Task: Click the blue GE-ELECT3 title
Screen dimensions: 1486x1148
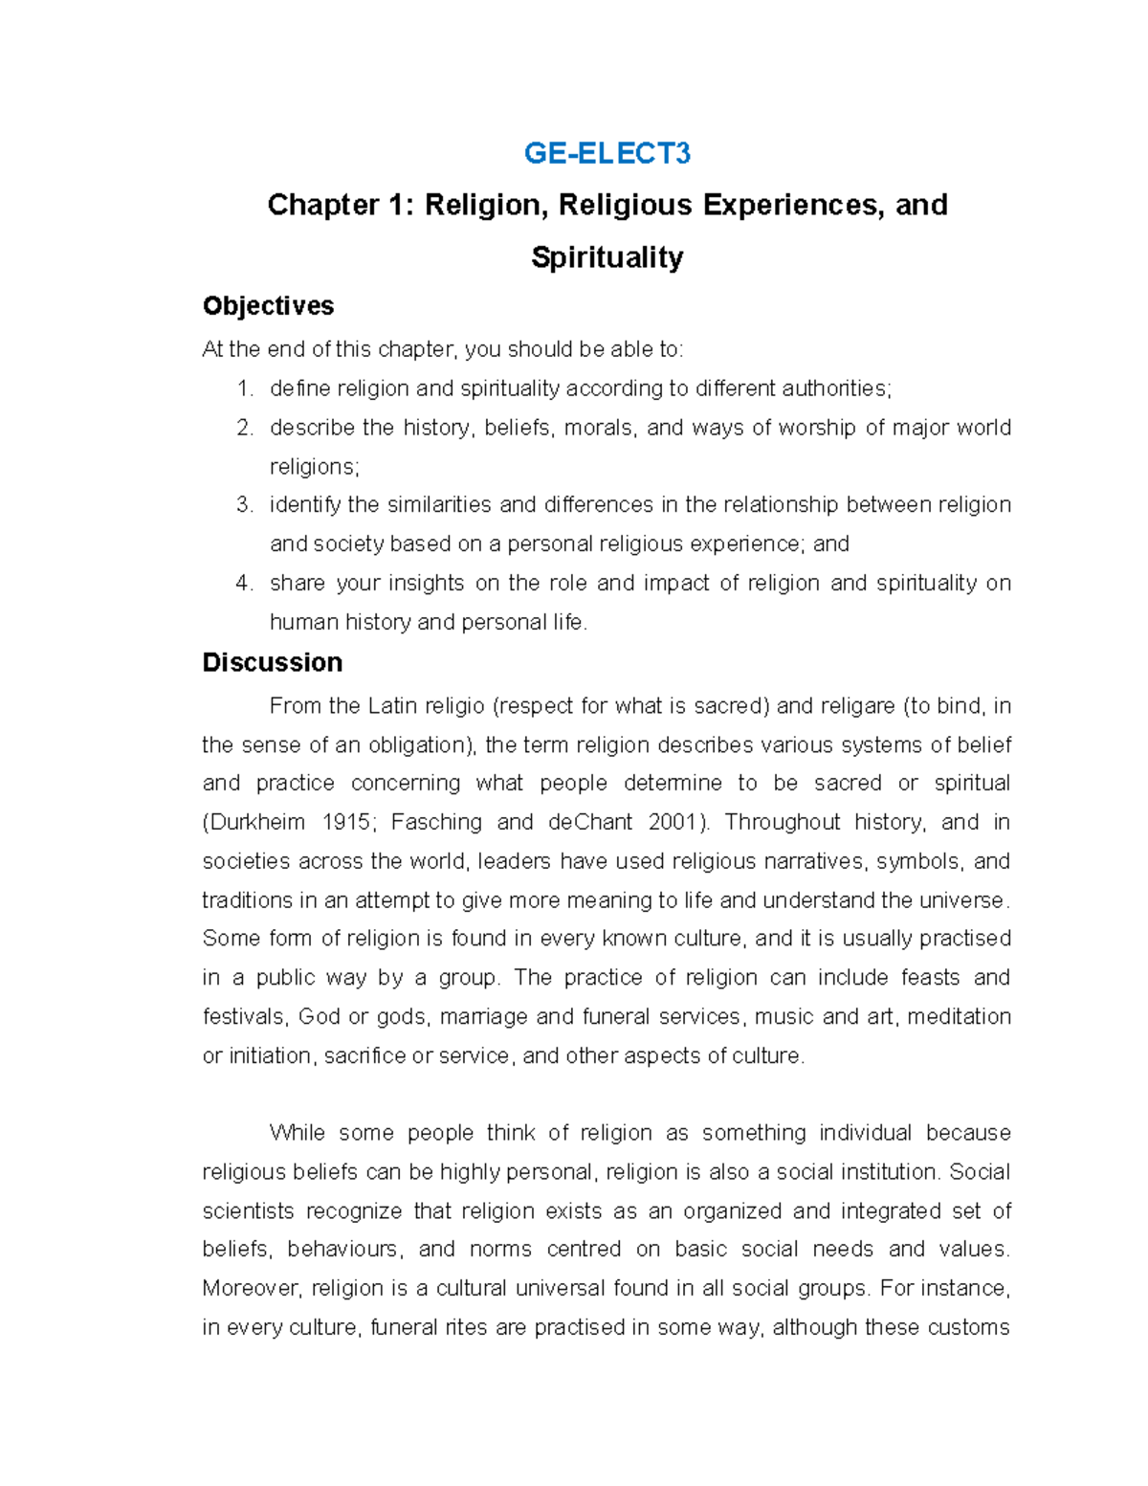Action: tap(607, 153)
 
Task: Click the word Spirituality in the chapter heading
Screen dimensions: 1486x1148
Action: tap(607, 256)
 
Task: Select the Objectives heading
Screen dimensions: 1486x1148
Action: tap(268, 306)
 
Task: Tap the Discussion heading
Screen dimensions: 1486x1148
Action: tap(272, 662)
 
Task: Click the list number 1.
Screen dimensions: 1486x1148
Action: tap(245, 388)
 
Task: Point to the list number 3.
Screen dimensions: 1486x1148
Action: tap(245, 504)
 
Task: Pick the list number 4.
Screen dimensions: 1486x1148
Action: tap(245, 583)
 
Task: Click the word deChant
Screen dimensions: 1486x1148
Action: tap(589, 822)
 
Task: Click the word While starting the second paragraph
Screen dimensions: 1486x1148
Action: tap(298, 1133)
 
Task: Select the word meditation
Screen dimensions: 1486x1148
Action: tap(959, 1016)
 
